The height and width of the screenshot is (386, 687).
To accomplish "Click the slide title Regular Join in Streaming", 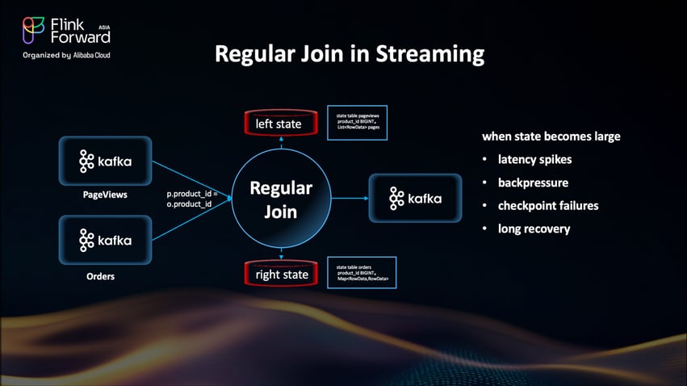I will click(x=349, y=55).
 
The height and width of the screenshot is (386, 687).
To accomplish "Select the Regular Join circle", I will click(x=280, y=199).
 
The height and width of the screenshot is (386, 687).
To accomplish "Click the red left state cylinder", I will click(x=279, y=124).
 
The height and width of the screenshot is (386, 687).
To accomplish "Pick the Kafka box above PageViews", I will click(x=105, y=162).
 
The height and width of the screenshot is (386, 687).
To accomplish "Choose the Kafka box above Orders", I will click(x=105, y=240).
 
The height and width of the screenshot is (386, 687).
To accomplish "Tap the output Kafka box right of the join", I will click(x=415, y=198).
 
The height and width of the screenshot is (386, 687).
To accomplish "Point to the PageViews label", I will click(x=104, y=195).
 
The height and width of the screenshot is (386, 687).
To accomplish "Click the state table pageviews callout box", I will click(x=356, y=122).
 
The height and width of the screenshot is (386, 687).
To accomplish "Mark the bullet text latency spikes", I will click(x=534, y=159).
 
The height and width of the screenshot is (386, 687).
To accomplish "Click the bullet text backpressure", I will click(x=534, y=183).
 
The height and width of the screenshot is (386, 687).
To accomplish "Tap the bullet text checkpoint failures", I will click(x=548, y=205).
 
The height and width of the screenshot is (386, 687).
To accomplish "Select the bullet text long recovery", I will click(x=534, y=229).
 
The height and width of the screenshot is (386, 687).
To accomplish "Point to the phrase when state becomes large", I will click(x=551, y=136).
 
